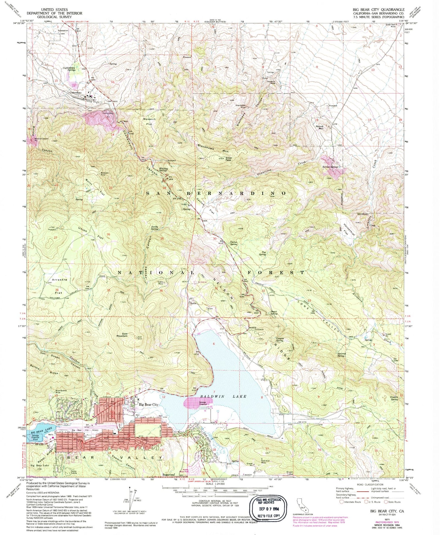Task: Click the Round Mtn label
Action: pos(319,127)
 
